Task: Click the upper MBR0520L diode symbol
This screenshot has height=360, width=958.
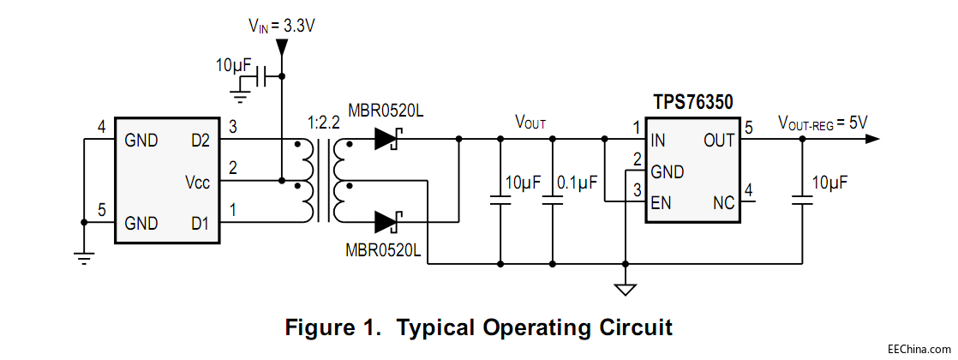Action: click(x=388, y=139)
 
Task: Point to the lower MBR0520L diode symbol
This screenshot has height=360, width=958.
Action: click(x=388, y=222)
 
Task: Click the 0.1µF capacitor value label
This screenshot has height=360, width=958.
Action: click(x=577, y=183)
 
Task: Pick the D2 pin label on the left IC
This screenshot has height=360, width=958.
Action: click(x=202, y=140)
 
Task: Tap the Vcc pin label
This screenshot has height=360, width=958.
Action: click(x=199, y=182)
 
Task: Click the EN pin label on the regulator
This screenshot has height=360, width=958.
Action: click(x=661, y=203)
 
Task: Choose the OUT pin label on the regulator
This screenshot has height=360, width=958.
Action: click(x=718, y=140)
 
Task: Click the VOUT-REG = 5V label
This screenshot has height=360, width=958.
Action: click(x=822, y=123)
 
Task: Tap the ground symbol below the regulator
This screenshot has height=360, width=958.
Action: click(x=626, y=288)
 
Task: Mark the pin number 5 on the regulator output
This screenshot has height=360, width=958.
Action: click(x=748, y=129)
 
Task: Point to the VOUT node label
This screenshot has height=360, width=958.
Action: click(x=529, y=123)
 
